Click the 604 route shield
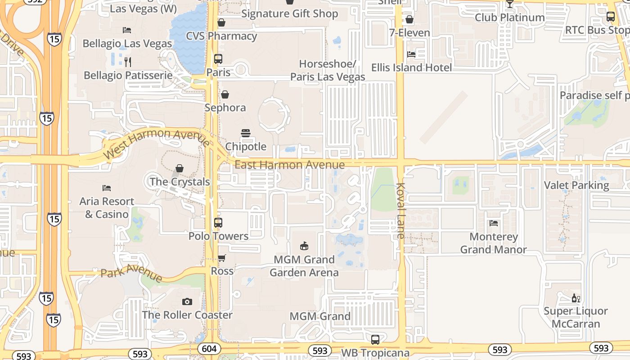point(209,349)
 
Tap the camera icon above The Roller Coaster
point(187,301)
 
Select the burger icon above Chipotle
point(246,133)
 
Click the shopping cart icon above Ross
point(221,258)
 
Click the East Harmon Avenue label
point(290,165)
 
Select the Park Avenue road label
point(131,272)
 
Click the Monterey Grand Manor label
point(493,243)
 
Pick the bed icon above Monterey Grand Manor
point(494,223)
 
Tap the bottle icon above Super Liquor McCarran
point(576,298)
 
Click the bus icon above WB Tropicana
point(375,339)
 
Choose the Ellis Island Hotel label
point(411,67)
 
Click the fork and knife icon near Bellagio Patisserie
point(128,62)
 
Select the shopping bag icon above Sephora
point(225,94)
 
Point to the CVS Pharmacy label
point(221,36)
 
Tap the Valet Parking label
point(576,185)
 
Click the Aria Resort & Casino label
point(107,207)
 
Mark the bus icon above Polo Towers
point(218,223)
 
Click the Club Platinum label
point(510,18)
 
